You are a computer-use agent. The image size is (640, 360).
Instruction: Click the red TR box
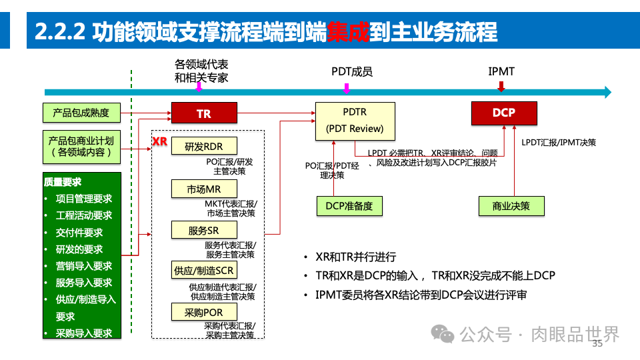(x=204, y=113)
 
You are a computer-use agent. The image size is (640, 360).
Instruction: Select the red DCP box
(x=503, y=113)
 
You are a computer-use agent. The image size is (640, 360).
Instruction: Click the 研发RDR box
(x=203, y=147)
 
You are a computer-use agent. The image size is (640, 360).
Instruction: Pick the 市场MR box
(x=203, y=189)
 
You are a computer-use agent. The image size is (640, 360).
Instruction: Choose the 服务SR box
(x=203, y=231)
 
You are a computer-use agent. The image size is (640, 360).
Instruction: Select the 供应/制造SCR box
(x=203, y=271)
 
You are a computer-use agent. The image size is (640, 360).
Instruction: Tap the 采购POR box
(x=203, y=312)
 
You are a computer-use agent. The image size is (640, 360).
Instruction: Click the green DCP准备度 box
(x=350, y=207)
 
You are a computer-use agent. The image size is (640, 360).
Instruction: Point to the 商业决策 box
(x=511, y=207)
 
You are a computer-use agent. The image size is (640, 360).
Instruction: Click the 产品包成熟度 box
(x=81, y=113)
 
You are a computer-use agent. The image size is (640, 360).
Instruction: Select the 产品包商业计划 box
(x=81, y=147)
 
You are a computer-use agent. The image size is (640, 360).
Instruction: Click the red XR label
(x=159, y=142)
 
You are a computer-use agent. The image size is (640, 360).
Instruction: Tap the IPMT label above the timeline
(x=501, y=71)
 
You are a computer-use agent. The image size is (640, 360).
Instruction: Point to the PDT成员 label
(x=351, y=71)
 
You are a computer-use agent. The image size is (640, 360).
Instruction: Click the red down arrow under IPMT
(x=501, y=87)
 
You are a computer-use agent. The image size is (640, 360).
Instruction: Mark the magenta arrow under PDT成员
(x=346, y=88)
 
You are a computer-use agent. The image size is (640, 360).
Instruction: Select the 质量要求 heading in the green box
(x=63, y=181)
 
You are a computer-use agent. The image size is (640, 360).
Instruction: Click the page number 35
(x=597, y=344)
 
